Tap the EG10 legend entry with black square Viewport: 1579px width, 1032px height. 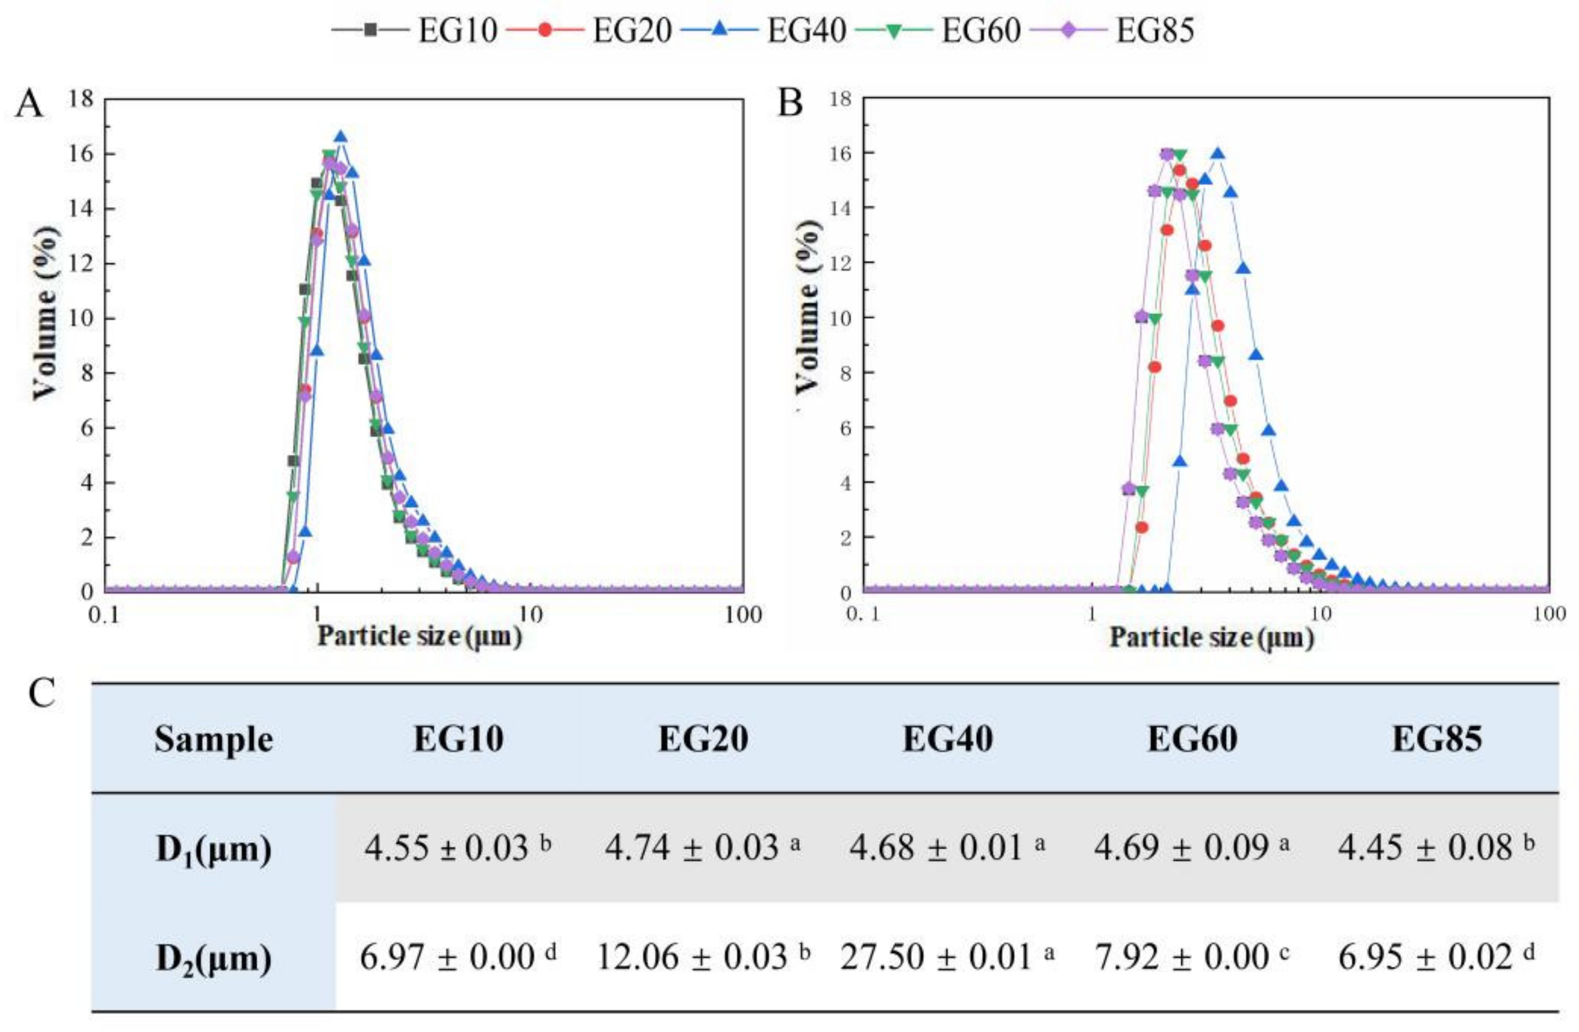point(414,30)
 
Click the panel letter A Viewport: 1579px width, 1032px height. point(29,104)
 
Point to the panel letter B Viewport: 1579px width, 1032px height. point(790,104)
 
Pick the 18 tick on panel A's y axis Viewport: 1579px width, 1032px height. point(81,100)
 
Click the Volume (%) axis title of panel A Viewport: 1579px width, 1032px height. point(45,313)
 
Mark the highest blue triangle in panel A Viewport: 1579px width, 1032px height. point(340,137)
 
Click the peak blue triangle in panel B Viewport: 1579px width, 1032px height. point(1217,154)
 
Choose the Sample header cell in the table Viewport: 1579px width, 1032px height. point(213,739)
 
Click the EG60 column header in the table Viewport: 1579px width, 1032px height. point(1192,739)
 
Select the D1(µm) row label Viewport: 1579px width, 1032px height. point(213,849)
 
